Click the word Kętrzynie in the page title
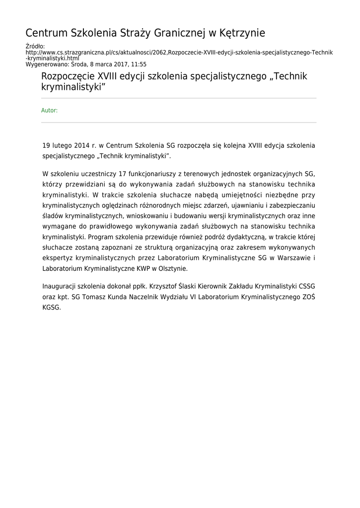242,33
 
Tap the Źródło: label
35,47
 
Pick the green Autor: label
49,111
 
